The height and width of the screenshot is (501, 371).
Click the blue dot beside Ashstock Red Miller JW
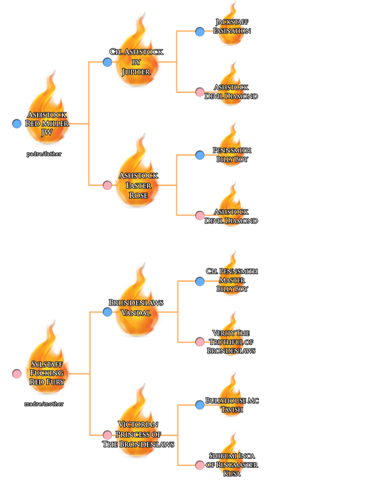point(17,124)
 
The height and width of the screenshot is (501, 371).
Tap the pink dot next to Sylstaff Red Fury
point(17,374)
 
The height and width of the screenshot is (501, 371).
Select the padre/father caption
point(43,154)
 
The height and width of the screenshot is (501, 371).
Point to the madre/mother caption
point(45,404)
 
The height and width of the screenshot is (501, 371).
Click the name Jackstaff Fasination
point(232,26)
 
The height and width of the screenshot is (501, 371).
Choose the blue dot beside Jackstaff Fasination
point(200,32)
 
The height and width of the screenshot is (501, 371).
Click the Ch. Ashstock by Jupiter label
point(136,62)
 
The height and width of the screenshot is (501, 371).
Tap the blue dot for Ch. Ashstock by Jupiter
point(107,62)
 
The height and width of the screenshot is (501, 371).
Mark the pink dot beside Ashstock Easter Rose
point(107,185)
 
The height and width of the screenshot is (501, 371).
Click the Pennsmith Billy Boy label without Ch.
point(232,154)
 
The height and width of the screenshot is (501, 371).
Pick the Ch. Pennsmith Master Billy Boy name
point(232,280)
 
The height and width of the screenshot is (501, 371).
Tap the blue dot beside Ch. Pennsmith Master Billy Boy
point(200,282)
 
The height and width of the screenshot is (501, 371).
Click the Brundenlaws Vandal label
point(136,307)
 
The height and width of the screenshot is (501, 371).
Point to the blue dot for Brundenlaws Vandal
point(107,312)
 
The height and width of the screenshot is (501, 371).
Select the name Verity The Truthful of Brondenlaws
point(231,341)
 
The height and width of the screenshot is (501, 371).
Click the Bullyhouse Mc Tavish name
point(232,405)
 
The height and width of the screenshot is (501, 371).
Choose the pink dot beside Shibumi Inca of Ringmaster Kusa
point(200,465)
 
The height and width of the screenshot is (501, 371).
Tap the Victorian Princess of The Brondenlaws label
point(138,434)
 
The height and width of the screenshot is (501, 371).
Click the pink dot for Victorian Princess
point(107,435)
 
